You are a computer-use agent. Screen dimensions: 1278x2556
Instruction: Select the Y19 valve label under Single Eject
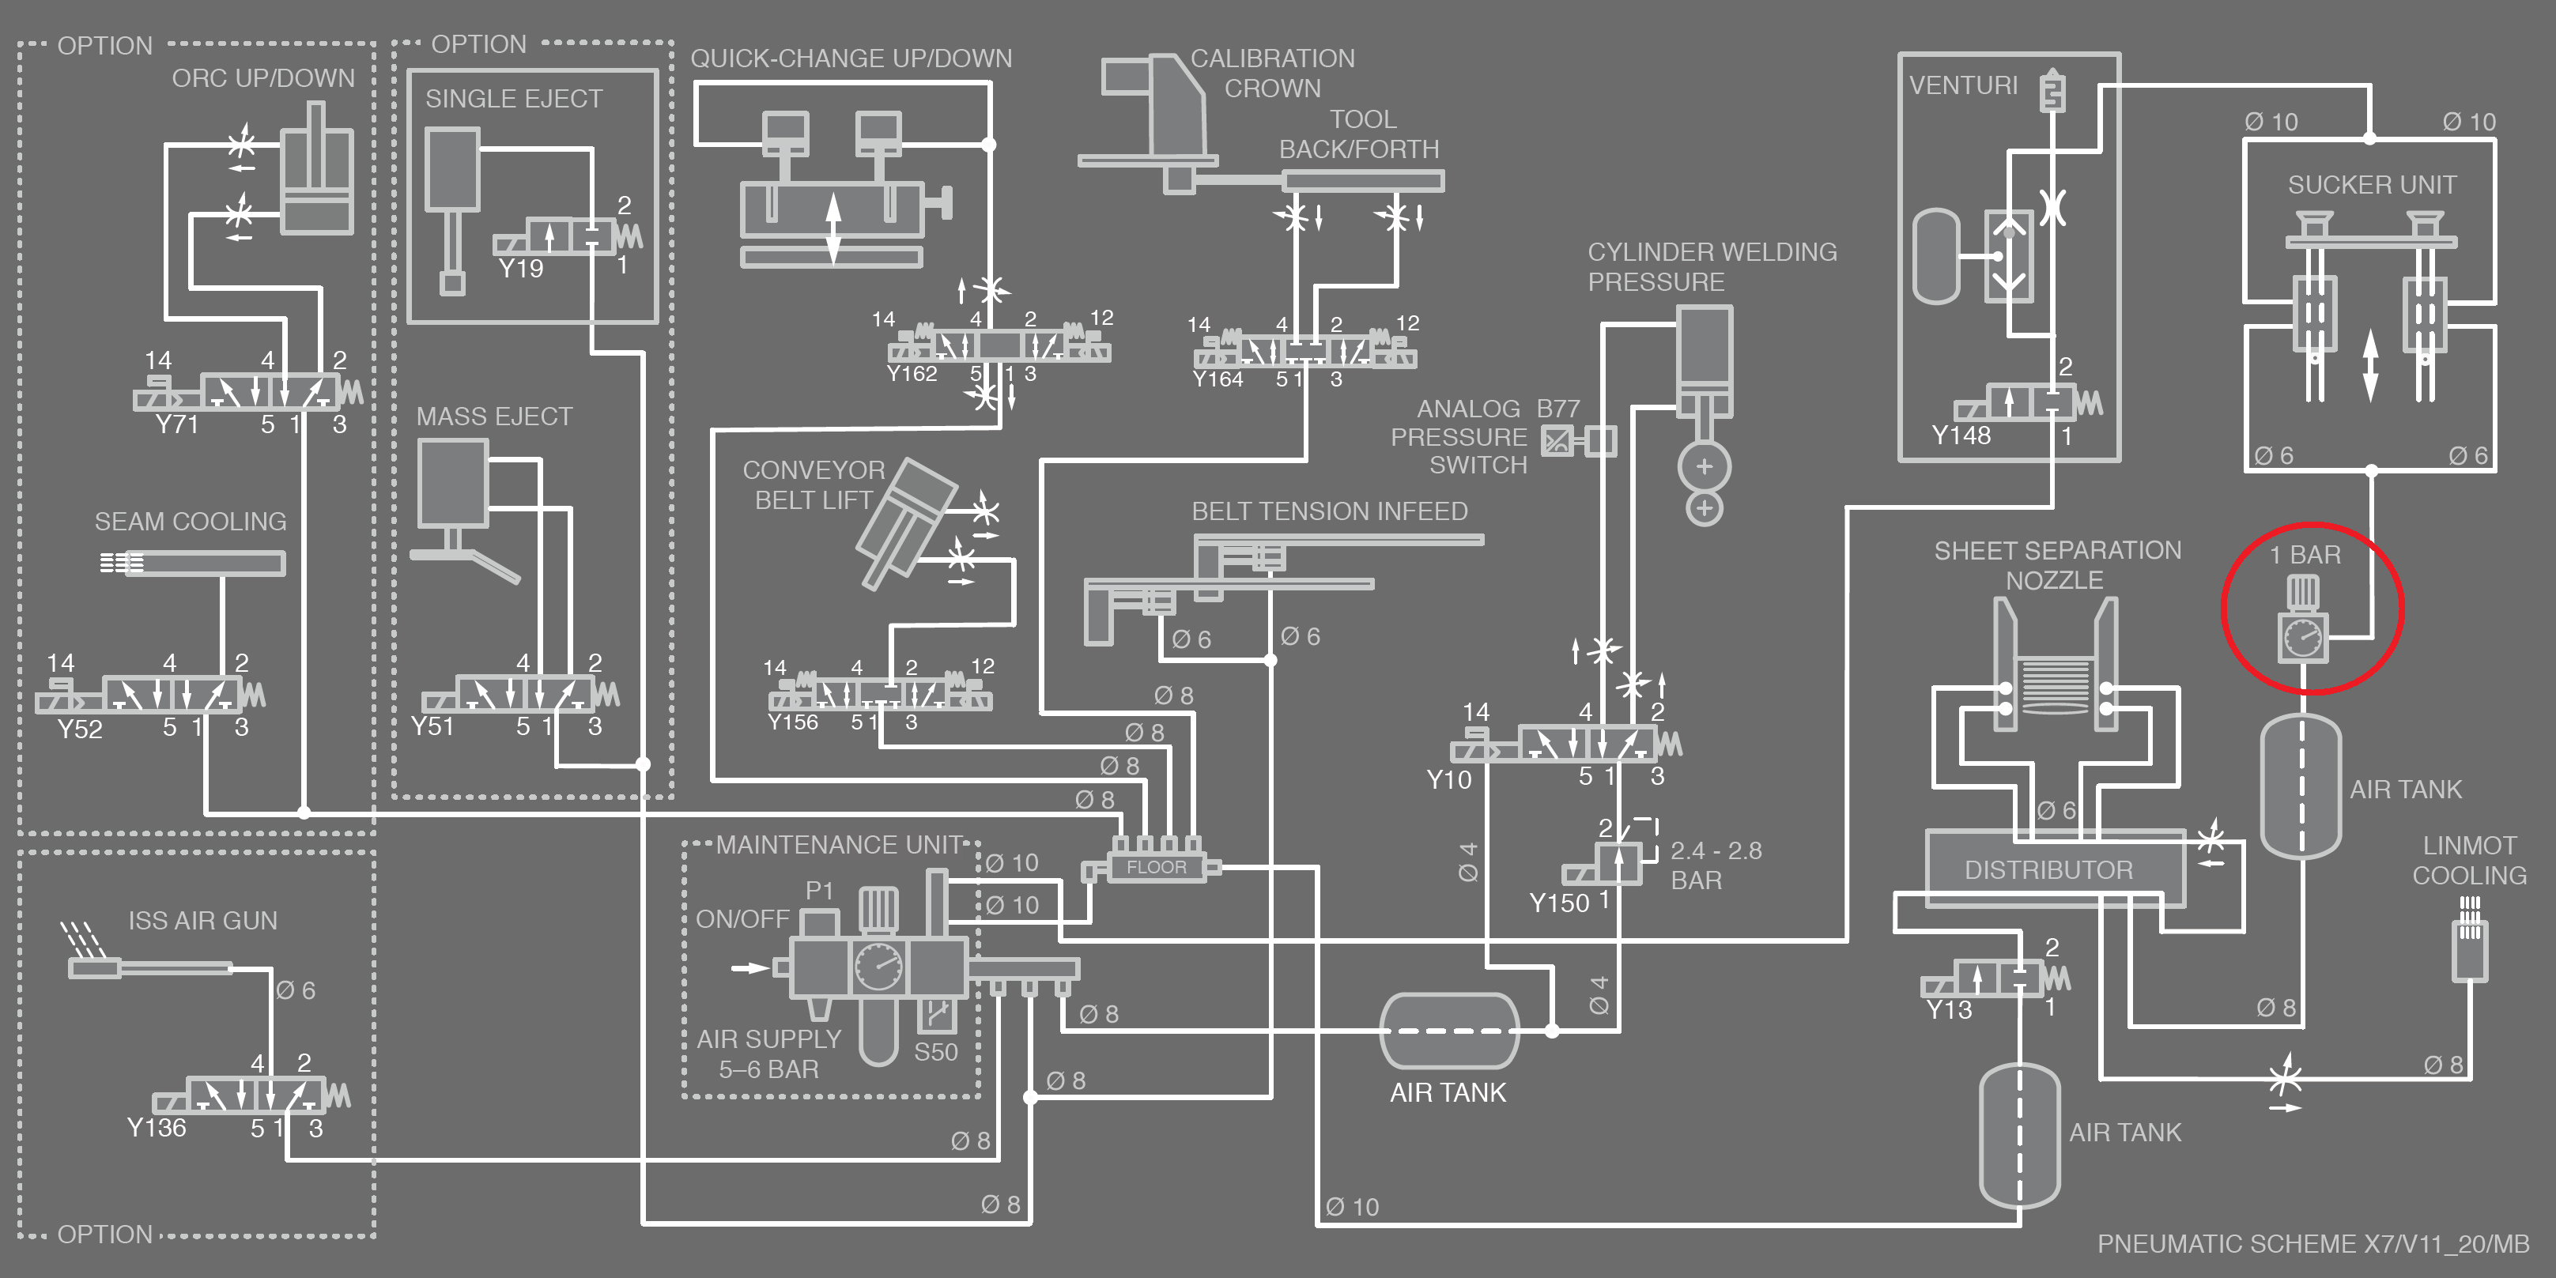tap(521, 268)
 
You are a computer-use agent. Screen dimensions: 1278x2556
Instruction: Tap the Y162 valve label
tap(912, 374)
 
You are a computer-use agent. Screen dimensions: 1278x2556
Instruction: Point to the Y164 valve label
tap(1218, 379)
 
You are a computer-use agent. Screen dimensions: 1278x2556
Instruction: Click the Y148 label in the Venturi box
tap(1961, 435)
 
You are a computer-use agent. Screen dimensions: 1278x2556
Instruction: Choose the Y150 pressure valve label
tap(1559, 903)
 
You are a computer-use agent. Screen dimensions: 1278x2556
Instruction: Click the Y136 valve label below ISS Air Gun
tap(156, 1128)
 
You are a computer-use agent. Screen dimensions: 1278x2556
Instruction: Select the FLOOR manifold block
tap(1156, 867)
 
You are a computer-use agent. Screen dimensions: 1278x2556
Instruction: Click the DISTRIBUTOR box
tap(2049, 870)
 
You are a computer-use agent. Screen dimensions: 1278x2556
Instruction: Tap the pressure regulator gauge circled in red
tap(2303, 636)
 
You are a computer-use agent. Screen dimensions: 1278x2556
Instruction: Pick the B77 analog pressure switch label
tap(1557, 409)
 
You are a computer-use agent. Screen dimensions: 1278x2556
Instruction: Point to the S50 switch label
tap(936, 1052)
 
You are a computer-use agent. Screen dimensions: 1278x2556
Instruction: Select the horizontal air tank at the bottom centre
tap(1448, 1032)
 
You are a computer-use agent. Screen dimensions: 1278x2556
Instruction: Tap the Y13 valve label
tap(1949, 1010)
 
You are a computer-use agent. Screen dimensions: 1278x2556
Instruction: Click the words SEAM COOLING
tap(191, 522)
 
